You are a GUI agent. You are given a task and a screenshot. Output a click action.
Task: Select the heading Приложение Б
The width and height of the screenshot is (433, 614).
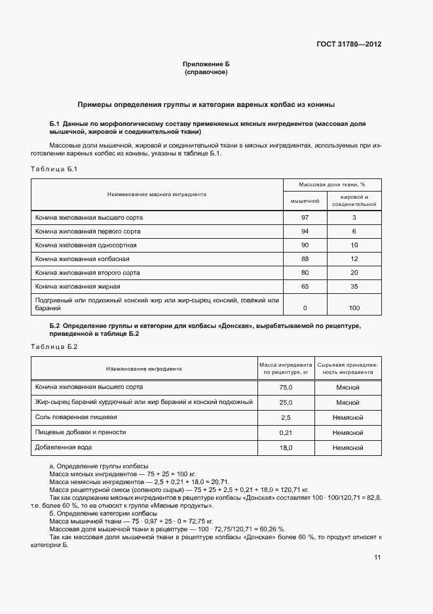(x=206, y=64)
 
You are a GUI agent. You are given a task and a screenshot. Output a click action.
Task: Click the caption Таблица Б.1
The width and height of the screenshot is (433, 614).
(x=54, y=169)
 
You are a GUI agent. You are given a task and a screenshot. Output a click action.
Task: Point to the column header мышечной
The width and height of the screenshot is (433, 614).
(x=305, y=200)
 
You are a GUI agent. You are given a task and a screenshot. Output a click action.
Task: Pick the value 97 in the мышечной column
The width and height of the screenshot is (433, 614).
(x=305, y=217)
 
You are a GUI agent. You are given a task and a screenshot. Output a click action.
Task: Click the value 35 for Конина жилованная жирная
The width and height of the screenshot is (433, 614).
(x=354, y=287)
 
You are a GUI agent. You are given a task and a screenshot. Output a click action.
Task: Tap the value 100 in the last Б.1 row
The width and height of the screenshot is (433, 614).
(x=354, y=308)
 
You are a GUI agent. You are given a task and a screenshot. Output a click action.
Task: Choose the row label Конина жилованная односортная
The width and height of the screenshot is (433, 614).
(x=86, y=245)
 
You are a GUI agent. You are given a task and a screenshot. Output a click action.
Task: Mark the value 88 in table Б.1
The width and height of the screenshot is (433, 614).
(x=305, y=258)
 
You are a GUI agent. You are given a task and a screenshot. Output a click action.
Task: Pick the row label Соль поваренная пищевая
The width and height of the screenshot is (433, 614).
(x=76, y=417)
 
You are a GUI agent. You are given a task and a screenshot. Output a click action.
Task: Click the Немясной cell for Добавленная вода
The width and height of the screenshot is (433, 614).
(x=348, y=448)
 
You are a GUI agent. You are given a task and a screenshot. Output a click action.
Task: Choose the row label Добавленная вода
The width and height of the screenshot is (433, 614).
(x=64, y=447)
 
